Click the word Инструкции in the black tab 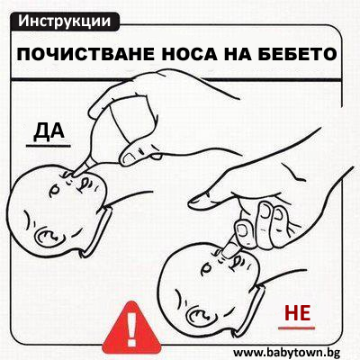64,21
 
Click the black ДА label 49,131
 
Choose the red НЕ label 297,312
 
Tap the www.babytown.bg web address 286,352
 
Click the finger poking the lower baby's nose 230,247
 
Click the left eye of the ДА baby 55,190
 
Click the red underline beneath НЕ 297,328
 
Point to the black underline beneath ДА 49,146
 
